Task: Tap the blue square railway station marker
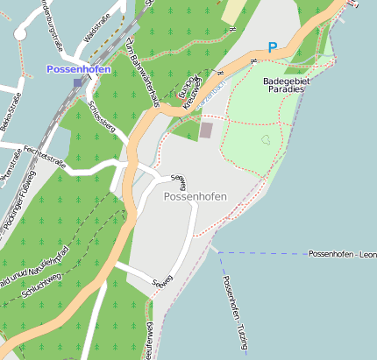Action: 78,82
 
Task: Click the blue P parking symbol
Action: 273,47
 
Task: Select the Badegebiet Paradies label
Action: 283,85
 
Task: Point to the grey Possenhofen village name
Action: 195,197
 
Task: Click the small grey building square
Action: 206,130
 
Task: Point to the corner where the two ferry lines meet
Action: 217,253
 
